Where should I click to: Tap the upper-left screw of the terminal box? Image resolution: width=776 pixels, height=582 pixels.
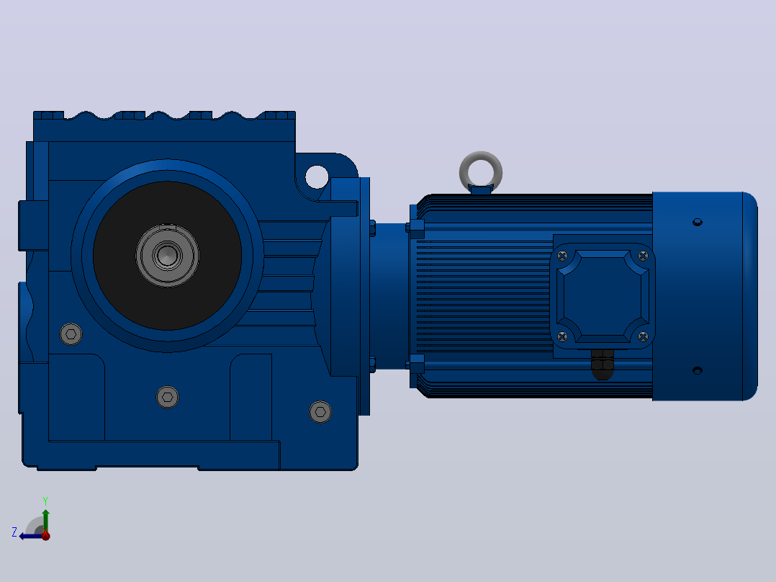pos(562,256)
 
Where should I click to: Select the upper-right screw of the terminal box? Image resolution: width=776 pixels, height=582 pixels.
pos(643,256)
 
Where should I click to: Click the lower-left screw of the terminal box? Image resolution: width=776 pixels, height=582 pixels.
pos(562,337)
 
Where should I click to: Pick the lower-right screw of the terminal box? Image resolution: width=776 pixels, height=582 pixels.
pos(643,337)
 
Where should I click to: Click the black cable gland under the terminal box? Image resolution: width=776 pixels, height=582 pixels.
pos(603,364)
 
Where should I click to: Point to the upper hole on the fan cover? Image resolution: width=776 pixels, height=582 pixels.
pos(698,222)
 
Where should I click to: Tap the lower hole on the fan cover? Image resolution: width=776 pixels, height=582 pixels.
pos(698,370)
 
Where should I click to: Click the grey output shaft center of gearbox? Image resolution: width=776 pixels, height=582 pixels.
pos(167,256)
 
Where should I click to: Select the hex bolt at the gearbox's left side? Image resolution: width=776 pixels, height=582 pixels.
pos(71,334)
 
